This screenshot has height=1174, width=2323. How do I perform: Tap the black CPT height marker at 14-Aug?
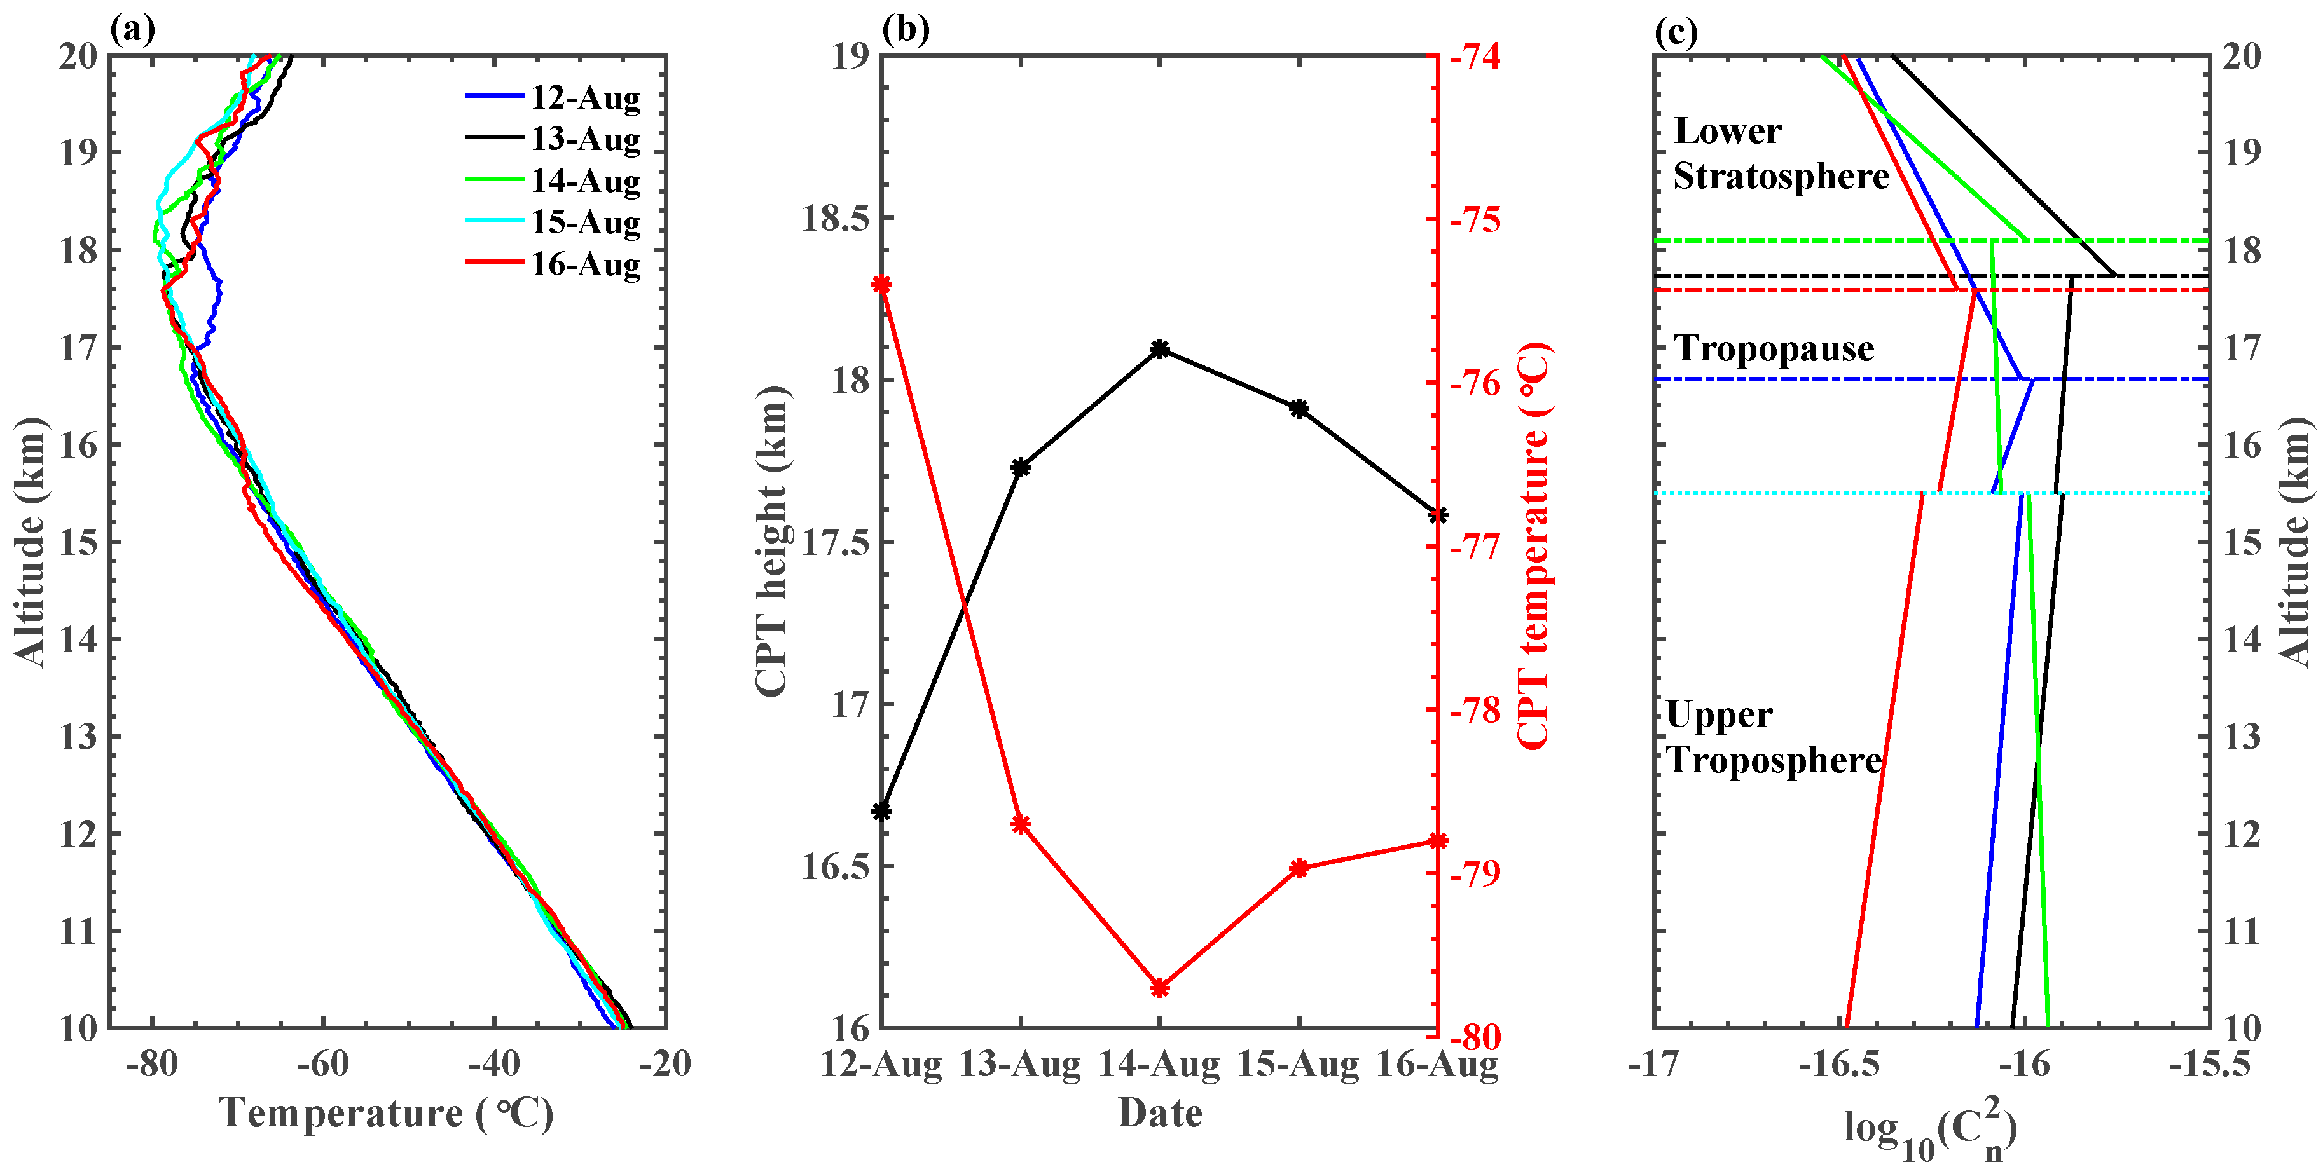(x=1161, y=349)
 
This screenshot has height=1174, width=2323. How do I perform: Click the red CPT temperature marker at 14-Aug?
(x=1161, y=988)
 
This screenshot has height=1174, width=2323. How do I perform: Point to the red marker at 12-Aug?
(x=882, y=285)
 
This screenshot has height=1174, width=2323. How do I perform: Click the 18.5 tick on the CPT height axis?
(x=835, y=218)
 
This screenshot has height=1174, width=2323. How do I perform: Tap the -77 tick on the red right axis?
(x=1475, y=547)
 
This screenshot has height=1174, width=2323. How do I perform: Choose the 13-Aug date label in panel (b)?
(x=1020, y=1065)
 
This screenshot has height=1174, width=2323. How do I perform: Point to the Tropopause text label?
(x=1774, y=348)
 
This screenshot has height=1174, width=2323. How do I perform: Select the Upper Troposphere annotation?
(x=1773, y=737)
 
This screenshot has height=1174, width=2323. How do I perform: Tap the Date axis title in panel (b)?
(x=1160, y=1114)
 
